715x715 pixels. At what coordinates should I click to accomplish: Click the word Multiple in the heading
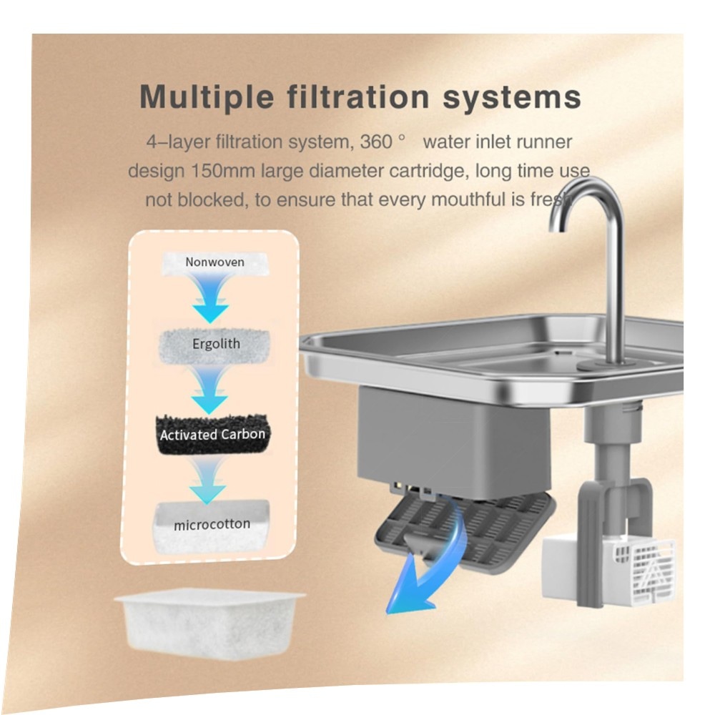click(207, 97)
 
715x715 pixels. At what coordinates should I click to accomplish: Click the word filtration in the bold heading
click(358, 97)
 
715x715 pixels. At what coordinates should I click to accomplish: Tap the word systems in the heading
click(512, 97)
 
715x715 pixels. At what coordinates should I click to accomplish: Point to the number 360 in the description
click(376, 142)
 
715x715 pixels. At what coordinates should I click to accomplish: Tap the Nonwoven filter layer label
click(214, 262)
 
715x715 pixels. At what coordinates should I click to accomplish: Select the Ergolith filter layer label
click(216, 343)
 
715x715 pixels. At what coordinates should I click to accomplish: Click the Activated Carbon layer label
click(212, 434)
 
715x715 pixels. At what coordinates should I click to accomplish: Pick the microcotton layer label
click(212, 524)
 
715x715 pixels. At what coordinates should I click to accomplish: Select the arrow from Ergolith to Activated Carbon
click(209, 388)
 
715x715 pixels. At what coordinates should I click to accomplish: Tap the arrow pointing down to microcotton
click(208, 480)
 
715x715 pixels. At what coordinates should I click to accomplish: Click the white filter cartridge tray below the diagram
click(209, 623)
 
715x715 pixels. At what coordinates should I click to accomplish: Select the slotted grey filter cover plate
click(465, 531)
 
